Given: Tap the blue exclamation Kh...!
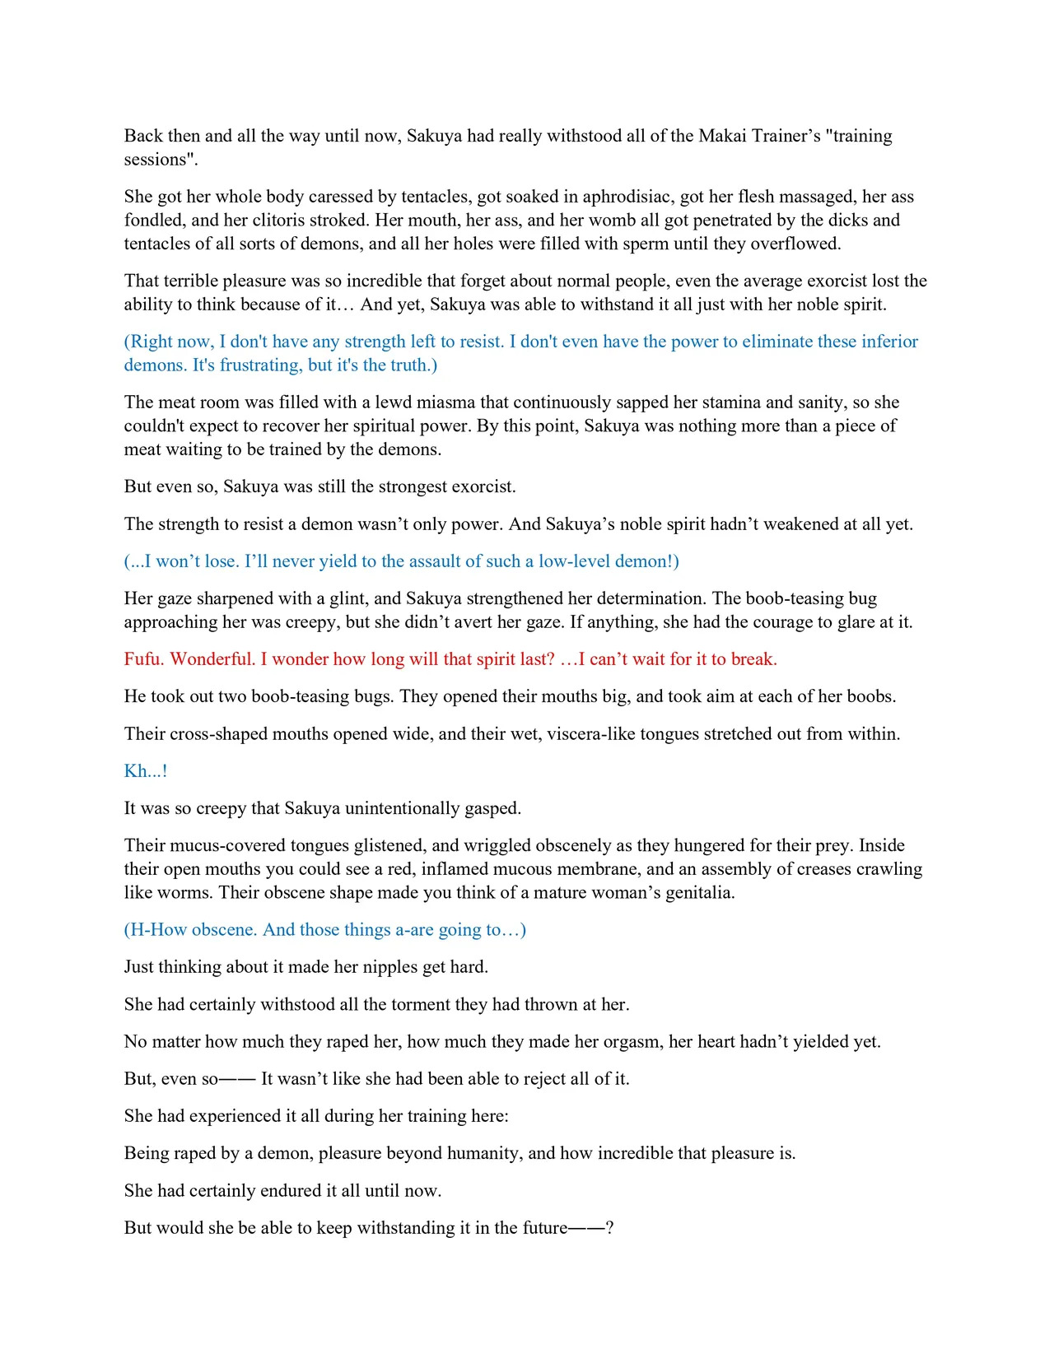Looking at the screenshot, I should [x=146, y=771].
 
